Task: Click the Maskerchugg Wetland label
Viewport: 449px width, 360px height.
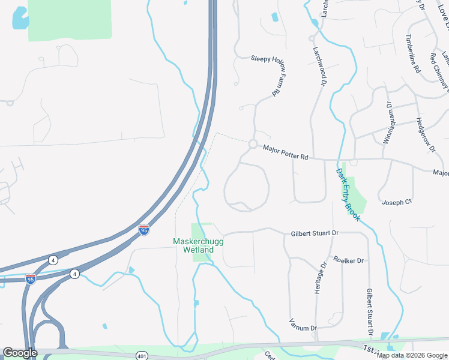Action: click(x=193, y=245)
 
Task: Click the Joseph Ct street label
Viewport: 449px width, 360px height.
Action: click(x=397, y=202)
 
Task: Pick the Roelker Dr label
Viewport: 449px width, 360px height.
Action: click(x=349, y=260)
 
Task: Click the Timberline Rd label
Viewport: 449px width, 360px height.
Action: click(x=413, y=53)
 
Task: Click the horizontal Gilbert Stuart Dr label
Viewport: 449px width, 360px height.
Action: click(x=315, y=233)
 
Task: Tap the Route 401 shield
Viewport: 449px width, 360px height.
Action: click(x=141, y=355)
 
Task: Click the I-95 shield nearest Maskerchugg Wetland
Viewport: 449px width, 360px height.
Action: click(x=143, y=229)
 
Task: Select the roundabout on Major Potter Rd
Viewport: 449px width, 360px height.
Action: click(x=253, y=144)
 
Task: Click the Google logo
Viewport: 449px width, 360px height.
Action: click(x=20, y=353)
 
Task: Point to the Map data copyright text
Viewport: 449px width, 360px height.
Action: click(x=412, y=355)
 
